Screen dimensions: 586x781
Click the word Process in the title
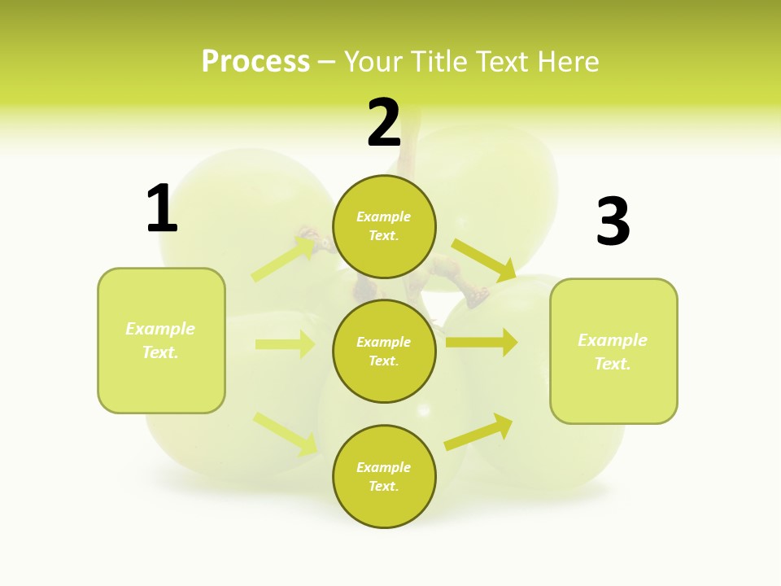255,62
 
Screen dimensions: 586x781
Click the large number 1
162,209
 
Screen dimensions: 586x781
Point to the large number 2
384,124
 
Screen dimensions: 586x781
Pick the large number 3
613,222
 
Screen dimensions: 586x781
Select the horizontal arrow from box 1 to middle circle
285,344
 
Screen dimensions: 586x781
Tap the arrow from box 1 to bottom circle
286,433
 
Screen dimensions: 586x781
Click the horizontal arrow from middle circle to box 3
482,343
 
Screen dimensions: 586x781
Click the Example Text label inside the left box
160,340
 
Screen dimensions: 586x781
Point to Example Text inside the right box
613,352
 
